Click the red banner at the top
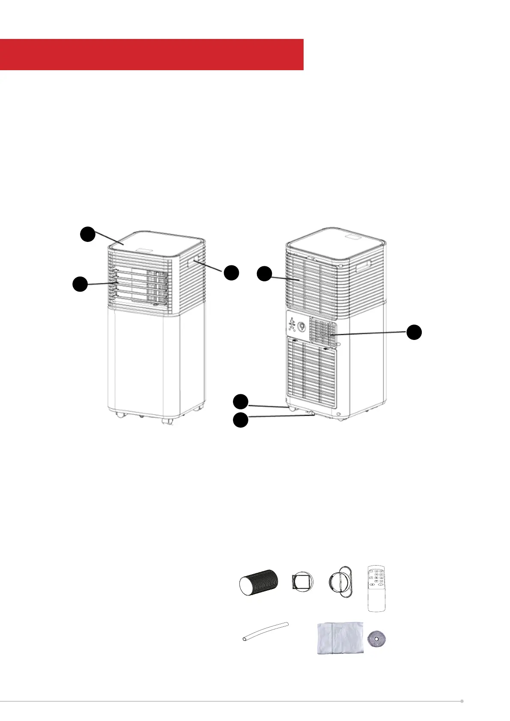[152, 54]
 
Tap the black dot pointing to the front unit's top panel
[88, 234]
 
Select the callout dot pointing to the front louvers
[80, 284]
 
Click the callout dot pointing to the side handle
[231, 273]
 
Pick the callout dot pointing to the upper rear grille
[264, 273]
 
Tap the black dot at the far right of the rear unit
[414, 332]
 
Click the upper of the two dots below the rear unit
[240, 402]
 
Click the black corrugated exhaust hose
[258, 582]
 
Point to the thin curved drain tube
[264, 631]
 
